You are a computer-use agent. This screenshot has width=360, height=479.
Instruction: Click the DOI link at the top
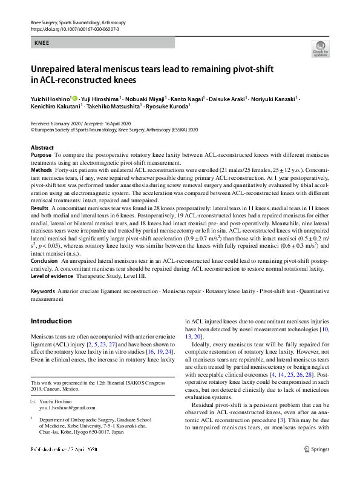tap(74, 28)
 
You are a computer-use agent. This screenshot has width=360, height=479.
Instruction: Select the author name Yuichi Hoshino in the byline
tap(50, 98)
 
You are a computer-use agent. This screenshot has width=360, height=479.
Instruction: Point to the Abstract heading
tap(42, 148)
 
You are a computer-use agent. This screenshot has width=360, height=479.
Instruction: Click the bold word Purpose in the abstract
tap(41, 156)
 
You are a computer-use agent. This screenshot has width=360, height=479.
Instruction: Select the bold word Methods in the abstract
tap(41, 171)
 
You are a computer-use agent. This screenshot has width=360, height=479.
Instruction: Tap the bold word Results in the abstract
tap(40, 207)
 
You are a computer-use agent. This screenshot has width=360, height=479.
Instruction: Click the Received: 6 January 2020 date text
tap(56, 123)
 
